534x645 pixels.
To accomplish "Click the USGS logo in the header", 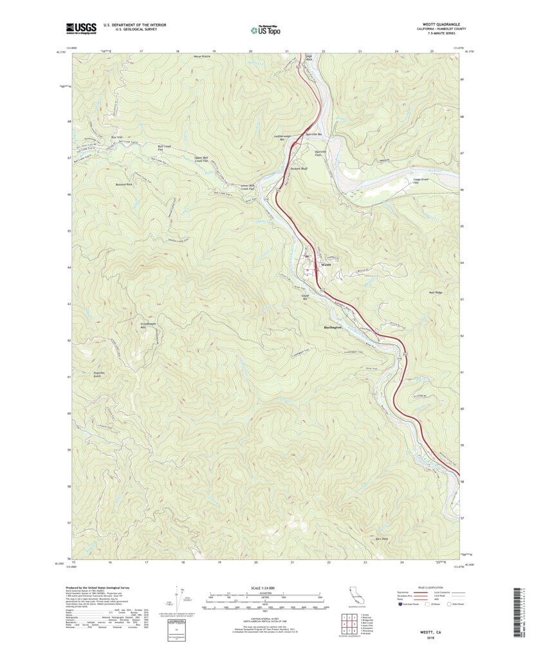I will click(x=81, y=28).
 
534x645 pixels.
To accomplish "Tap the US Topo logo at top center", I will click(x=266, y=29).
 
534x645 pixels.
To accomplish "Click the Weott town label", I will click(x=326, y=264).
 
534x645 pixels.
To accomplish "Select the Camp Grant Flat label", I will click(x=402, y=181).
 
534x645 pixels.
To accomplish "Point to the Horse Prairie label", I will click(x=202, y=57).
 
